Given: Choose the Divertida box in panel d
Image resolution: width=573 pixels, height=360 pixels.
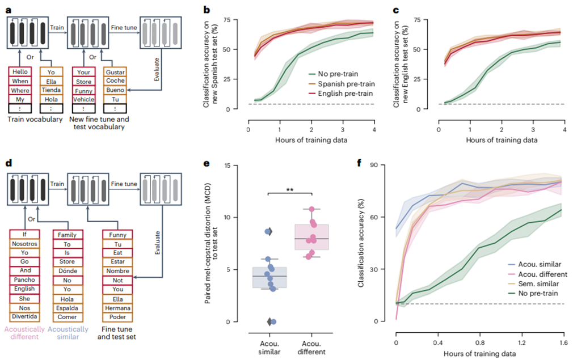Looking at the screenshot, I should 24,317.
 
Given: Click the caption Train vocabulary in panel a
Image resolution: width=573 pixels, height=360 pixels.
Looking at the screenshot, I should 36,120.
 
